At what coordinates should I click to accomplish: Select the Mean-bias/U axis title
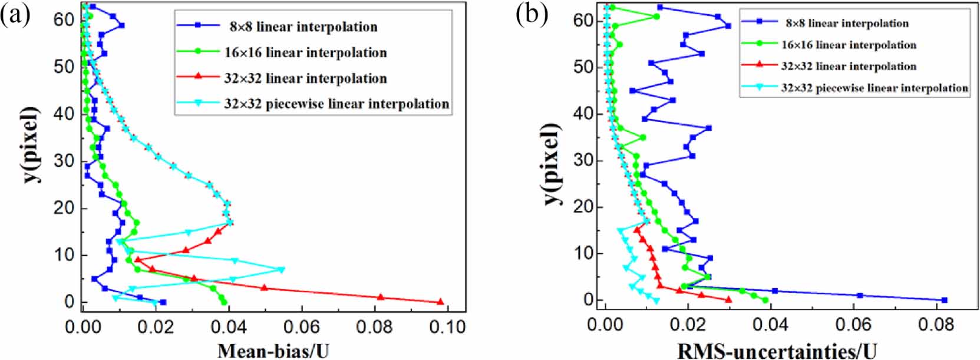click(x=273, y=351)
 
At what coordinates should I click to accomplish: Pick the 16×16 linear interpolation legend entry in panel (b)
click(x=849, y=45)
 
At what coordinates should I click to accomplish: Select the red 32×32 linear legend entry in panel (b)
click(x=849, y=66)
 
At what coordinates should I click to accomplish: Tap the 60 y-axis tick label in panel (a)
click(x=64, y=20)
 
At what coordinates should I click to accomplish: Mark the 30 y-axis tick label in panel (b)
click(x=583, y=160)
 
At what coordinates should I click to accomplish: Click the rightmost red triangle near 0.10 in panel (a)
click(x=440, y=301)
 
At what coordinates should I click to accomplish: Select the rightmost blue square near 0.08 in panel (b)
click(x=944, y=300)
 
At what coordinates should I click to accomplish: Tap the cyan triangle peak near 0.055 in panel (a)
click(x=282, y=270)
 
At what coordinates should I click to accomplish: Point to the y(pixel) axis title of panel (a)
click(x=31, y=144)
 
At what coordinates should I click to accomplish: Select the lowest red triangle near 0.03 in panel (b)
click(x=729, y=299)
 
